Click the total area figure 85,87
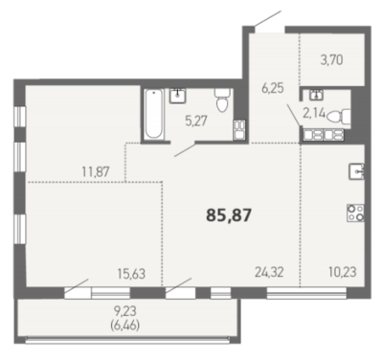[x=229, y=214]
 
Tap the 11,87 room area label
[x=96, y=172]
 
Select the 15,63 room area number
[x=131, y=274]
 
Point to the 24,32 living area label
[x=269, y=273]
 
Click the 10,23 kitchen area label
[x=343, y=272]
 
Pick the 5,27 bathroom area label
[x=196, y=121]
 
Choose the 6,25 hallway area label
[x=273, y=88]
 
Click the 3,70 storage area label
[x=332, y=60]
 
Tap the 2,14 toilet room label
[x=314, y=113]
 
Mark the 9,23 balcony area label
[x=124, y=309]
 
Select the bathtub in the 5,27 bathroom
[x=153, y=114]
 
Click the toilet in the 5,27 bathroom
[x=222, y=100]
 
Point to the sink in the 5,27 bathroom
[x=178, y=96]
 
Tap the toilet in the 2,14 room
[x=339, y=117]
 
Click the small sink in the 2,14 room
[x=316, y=94]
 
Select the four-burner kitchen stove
[x=355, y=213]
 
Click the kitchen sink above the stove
[x=356, y=171]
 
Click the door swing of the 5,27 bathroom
[x=185, y=150]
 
